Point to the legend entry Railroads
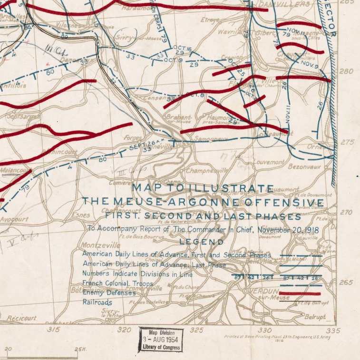tap(97, 302)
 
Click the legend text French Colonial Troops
tap(118, 283)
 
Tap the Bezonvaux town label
tap(304, 167)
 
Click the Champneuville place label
tap(207, 170)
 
